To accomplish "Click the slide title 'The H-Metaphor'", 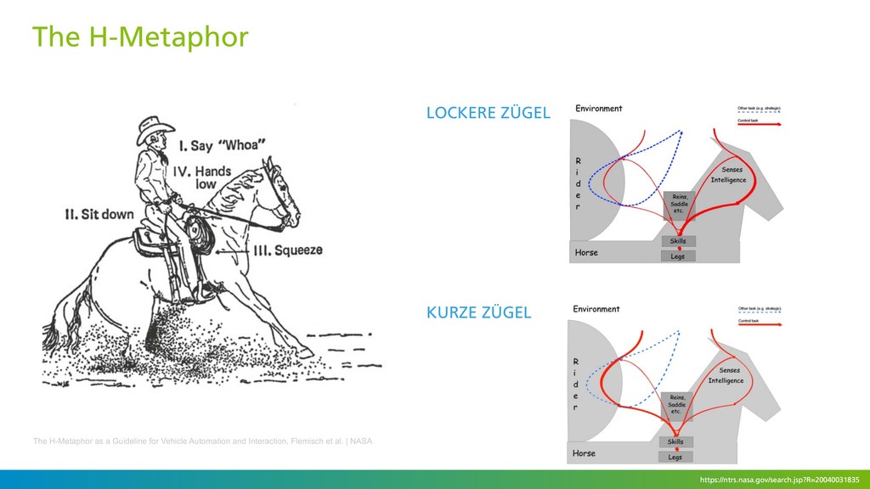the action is tap(140, 37).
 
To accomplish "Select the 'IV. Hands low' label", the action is tap(203, 177).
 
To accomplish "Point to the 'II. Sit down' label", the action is tap(100, 214).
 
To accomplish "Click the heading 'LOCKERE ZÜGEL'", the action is tap(488, 113).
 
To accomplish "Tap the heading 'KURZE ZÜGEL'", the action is tap(478, 312).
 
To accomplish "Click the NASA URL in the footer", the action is tap(779, 481).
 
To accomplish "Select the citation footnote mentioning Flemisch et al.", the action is tap(202, 441).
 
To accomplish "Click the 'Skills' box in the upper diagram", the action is tap(678, 241).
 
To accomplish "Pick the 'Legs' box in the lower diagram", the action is tap(676, 457).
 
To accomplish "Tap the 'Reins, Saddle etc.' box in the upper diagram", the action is tap(681, 205).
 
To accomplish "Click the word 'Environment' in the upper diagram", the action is tap(599, 109).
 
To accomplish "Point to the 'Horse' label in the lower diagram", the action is tap(584, 453).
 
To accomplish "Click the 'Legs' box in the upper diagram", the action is tap(678, 256).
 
